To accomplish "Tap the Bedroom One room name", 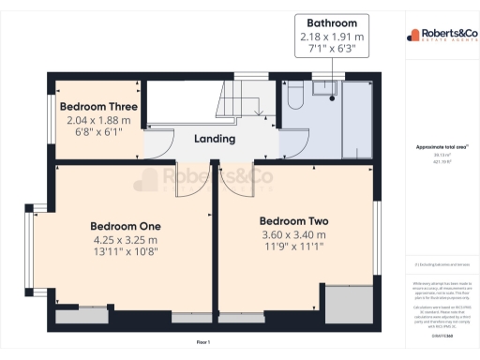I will tap(125, 226).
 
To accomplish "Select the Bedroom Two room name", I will tap(293, 220).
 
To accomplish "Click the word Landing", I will tap(214, 139).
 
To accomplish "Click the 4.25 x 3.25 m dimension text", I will tap(125, 239).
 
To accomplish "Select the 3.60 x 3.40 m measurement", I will tap(293, 234).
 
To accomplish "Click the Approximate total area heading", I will tap(442, 148).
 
